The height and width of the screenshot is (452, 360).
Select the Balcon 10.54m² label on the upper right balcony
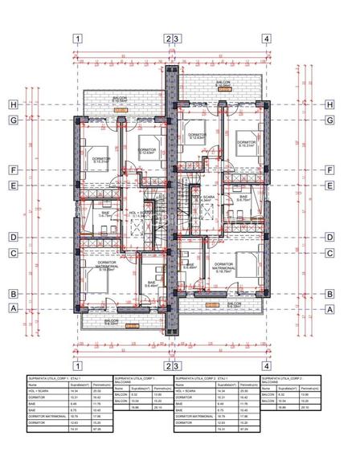click(224, 84)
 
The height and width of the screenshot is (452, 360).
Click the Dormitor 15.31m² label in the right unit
click(245, 145)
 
